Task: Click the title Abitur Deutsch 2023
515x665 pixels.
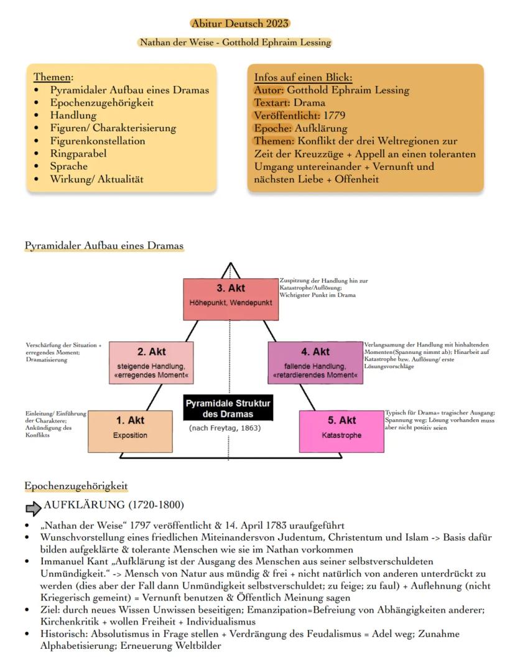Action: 240,24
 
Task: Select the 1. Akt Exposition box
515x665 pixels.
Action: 130,427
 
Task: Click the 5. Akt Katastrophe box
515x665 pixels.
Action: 341,427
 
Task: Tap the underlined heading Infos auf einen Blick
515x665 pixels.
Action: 303,78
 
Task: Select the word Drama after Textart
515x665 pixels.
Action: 310,103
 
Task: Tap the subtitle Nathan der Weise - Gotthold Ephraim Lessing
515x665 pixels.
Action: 235,43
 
